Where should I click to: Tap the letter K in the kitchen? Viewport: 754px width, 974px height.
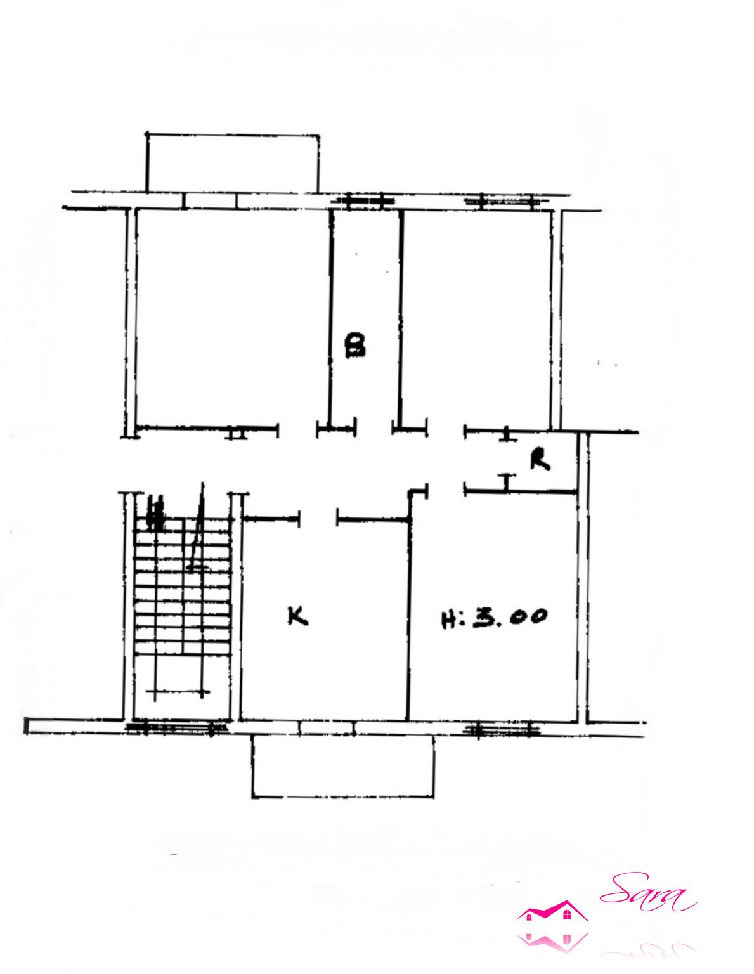(297, 616)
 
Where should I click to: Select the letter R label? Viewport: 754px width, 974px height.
(540, 460)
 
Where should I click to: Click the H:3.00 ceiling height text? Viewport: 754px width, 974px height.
(494, 617)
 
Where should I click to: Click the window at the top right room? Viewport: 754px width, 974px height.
(507, 202)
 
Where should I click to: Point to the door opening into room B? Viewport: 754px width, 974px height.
(374, 427)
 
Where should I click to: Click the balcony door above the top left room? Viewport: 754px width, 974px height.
(211, 201)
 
